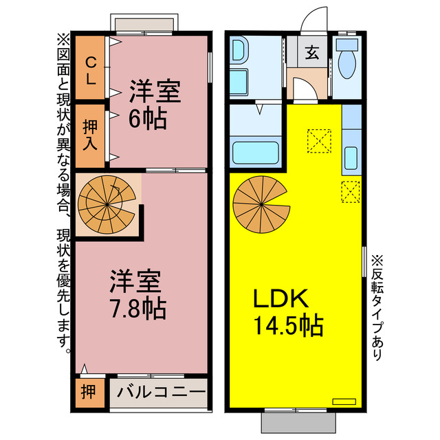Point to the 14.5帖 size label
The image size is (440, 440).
pos(289,325)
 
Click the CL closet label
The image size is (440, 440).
pos(90,69)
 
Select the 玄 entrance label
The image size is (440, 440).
pos(311,52)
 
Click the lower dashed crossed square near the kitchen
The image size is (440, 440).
pos(350,191)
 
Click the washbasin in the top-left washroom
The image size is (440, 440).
pos(239,51)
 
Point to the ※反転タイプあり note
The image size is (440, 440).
pos(377,309)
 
